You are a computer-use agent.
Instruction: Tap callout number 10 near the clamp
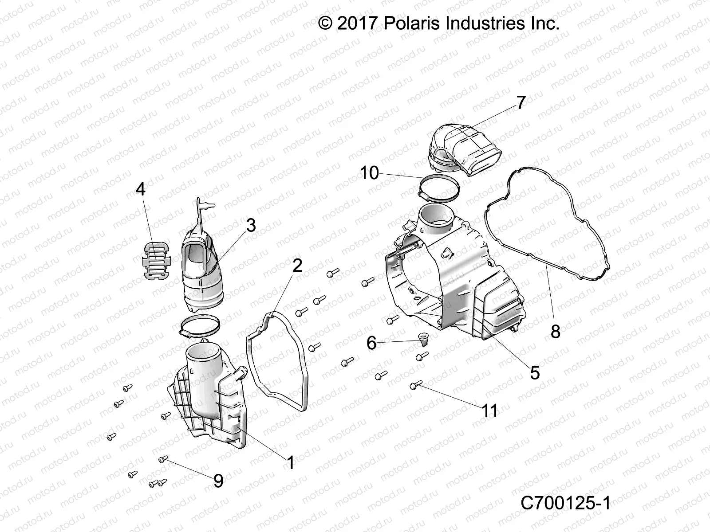coord(369,173)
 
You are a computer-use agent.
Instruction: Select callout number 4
coord(140,190)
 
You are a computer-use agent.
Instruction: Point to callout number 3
coord(251,226)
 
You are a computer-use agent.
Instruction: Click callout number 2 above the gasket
coord(297,266)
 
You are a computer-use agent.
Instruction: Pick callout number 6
coord(371,343)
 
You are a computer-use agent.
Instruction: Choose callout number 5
coord(535,373)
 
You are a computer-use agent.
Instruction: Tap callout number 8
coord(555,331)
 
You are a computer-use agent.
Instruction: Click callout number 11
coord(490,411)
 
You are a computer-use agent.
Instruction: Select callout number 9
coord(218,481)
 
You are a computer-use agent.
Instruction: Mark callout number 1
coord(291,463)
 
